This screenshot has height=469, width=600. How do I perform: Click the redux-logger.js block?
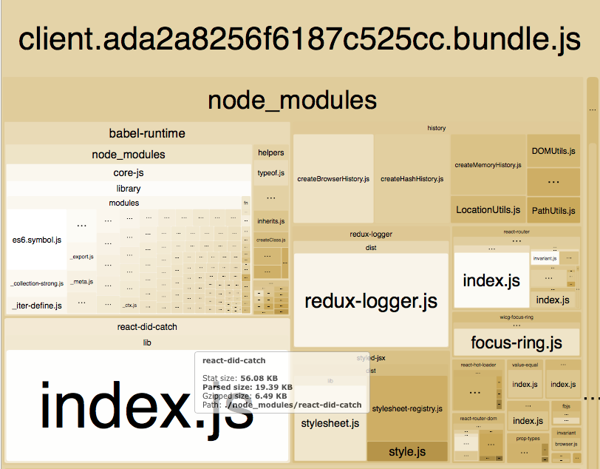tap(370, 300)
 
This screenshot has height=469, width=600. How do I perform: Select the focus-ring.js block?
tap(517, 343)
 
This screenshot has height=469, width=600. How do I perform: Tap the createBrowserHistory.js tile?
tap(333, 178)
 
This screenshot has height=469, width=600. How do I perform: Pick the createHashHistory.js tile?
tap(412, 178)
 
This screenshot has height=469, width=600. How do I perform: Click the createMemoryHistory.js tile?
tap(488, 165)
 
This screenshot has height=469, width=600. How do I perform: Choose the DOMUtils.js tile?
tap(553, 151)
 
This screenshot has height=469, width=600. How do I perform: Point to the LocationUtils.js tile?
tap(488, 209)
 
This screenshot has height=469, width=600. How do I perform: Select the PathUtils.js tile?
tap(553, 210)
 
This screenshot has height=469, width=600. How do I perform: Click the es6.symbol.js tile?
tap(37, 240)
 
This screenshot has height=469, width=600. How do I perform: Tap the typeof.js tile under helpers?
tap(270, 172)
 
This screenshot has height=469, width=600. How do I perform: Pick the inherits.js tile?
tap(270, 220)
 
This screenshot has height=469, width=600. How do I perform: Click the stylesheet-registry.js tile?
tap(407, 408)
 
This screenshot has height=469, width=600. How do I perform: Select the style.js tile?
tap(407, 451)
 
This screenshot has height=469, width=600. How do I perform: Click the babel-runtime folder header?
tap(147, 133)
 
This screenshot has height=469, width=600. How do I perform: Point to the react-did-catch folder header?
tap(147, 327)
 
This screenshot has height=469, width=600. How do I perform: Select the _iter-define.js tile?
tap(36, 305)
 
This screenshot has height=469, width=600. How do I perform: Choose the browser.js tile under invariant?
tap(566, 444)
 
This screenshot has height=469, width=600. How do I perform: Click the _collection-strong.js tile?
tap(36, 283)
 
